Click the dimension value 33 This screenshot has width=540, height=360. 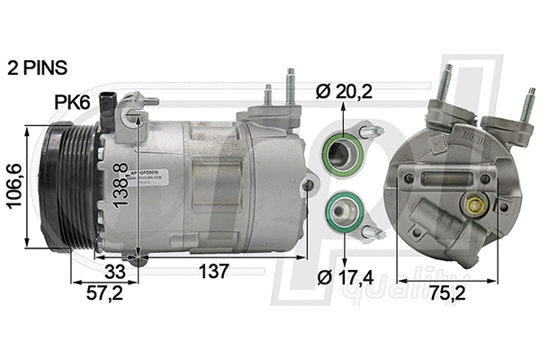(113, 270)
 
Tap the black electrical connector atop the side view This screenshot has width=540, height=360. (112, 108)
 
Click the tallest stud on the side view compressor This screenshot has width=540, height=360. (290, 88)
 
